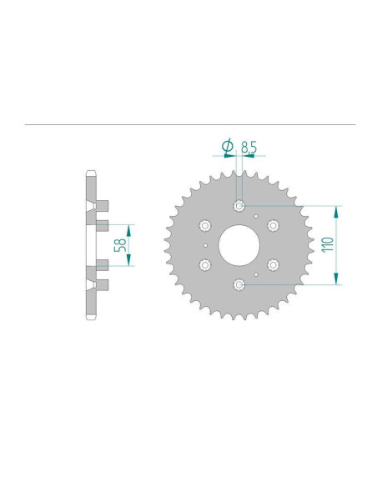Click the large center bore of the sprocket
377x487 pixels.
(x=239, y=245)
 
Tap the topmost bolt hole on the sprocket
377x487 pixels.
(x=239, y=206)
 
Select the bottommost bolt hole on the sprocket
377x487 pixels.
(x=239, y=284)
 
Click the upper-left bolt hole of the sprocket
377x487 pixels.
(x=204, y=225)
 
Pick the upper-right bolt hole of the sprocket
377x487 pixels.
(x=274, y=225)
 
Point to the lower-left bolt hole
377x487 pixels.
(x=204, y=265)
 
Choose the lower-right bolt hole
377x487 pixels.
(x=274, y=265)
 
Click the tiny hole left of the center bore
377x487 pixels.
(x=205, y=245)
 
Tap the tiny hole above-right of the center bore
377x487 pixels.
(x=256, y=216)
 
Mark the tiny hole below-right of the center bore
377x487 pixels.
(x=256, y=274)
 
